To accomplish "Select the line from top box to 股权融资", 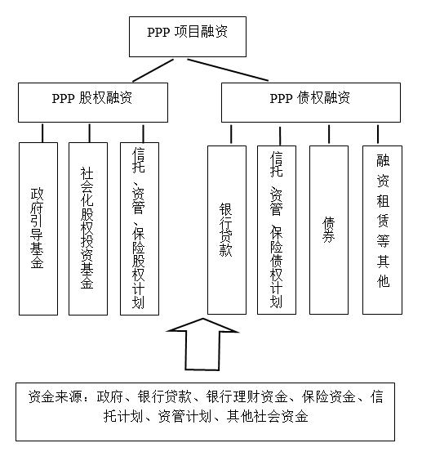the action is click(153, 70).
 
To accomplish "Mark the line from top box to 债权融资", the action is click(228, 69).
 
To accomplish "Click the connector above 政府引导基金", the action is click(42, 133).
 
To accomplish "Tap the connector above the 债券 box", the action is click(329, 134).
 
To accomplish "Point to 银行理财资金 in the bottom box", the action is click(247, 396).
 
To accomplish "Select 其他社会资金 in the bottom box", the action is click(268, 416).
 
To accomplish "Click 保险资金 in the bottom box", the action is click(329, 396).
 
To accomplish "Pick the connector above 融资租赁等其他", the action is click(378, 134).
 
